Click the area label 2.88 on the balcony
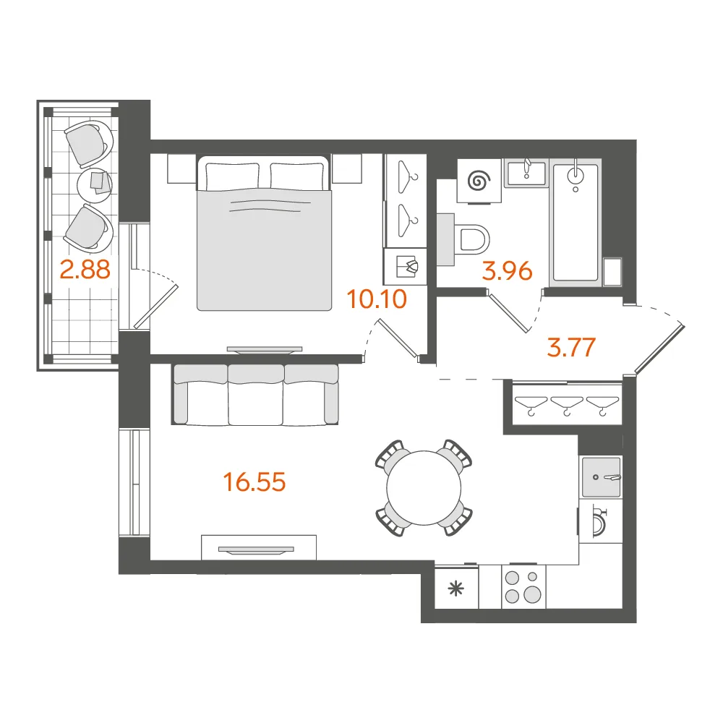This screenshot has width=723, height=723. [x=85, y=270]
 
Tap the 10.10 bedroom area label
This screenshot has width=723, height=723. [x=377, y=299]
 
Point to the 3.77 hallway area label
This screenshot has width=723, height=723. [x=571, y=347]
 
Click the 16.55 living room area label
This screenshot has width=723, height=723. [x=254, y=482]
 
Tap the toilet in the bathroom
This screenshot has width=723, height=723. [x=463, y=239]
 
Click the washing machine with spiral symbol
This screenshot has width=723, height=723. [x=479, y=181]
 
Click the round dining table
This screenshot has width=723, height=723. [x=424, y=488]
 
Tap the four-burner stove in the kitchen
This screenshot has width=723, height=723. [x=523, y=586]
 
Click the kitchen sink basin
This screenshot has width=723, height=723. [x=602, y=477]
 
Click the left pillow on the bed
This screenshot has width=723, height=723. [x=232, y=175]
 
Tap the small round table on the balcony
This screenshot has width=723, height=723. [x=94, y=183]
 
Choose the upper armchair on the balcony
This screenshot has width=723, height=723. [x=89, y=143]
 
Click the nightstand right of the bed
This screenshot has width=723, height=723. [x=346, y=168]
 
